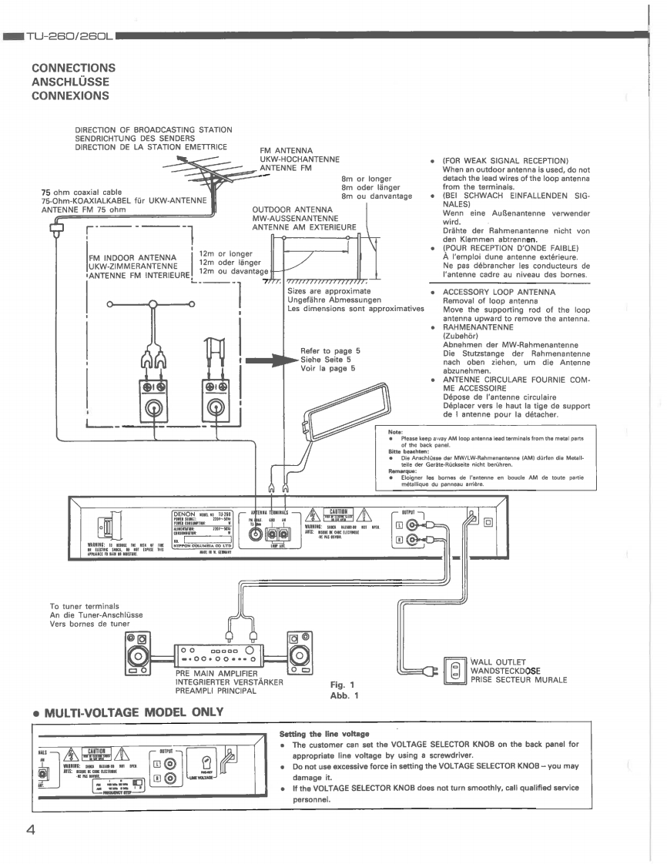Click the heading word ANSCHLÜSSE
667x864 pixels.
point(69,82)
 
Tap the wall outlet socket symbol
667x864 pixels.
point(455,670)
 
